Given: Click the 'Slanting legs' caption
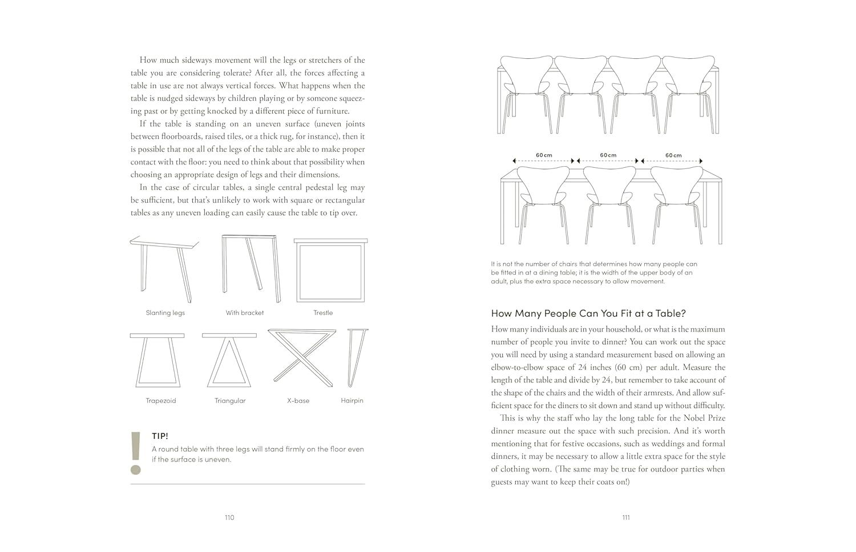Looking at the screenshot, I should tap(165, 313).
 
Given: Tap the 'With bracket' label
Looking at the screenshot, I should tap(244, 313).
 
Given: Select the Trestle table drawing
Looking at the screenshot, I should tap(330, 270).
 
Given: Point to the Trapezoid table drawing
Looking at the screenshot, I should tap(157, 360).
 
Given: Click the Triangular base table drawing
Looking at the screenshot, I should tap(229, 360).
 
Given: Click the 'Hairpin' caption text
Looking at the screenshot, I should tap(352, 401).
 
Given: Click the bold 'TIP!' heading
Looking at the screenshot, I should tap(160, 436).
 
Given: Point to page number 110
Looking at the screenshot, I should tap(229, 518).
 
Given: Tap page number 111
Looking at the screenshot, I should tap(626, 518).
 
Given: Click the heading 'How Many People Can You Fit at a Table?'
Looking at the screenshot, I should tap(588, 313).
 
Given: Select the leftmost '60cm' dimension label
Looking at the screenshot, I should tap(544, 155).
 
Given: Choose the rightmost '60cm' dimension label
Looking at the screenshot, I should tap(673, 155).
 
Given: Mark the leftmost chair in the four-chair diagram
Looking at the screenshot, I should tap(526, 91).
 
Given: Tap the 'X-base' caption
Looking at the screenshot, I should tap(298, 401).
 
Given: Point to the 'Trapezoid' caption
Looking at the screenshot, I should tap(160, 401).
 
